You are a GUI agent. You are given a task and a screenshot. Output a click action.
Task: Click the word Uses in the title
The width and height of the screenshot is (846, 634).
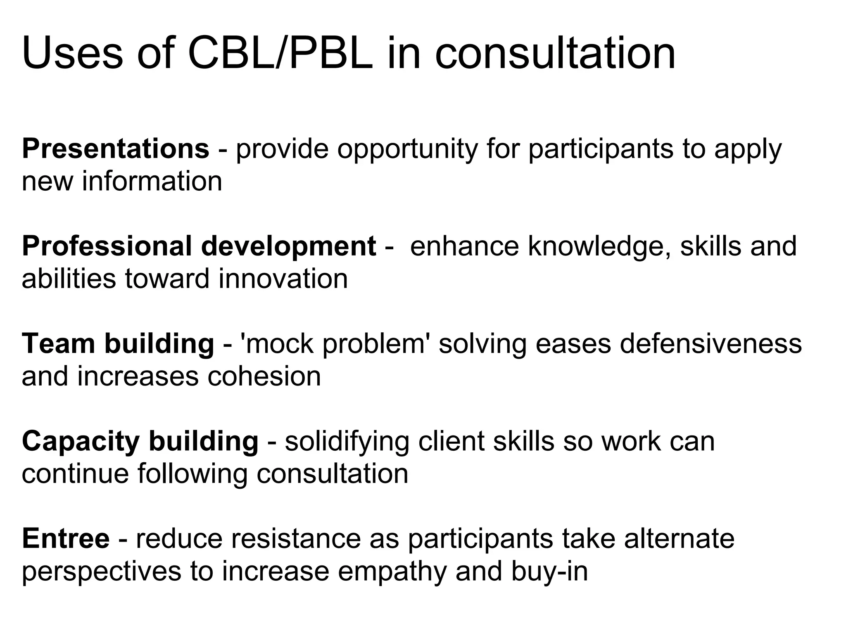[72, 54]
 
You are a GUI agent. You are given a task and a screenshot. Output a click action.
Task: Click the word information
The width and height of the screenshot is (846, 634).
[152, 182]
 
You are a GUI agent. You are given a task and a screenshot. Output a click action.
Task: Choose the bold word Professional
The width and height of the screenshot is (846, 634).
[107, 246]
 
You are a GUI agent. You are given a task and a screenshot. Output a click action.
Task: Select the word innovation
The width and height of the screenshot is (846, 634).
[283, 279]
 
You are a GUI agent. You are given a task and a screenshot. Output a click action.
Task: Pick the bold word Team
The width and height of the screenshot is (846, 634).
[58, 344]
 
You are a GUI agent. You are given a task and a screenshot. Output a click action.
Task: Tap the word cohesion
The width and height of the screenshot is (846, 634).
[264, 376]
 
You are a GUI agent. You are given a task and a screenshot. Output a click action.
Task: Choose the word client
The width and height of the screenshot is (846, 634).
[451, 441]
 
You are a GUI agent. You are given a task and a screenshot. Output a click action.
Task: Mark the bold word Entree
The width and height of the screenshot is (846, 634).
[66, 539]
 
